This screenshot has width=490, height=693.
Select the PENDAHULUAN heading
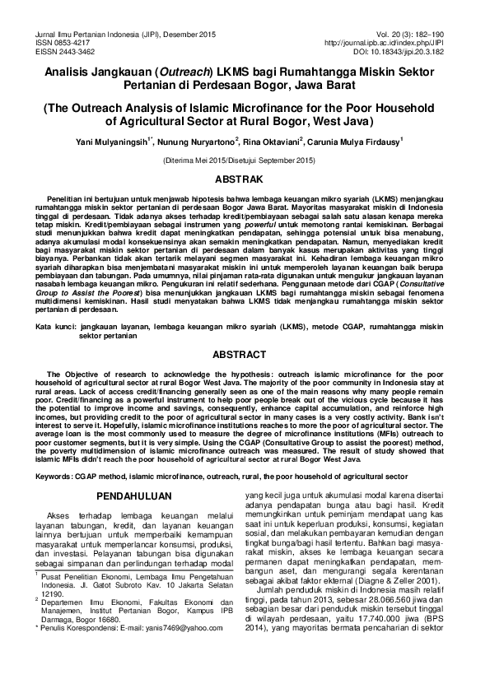(x=134, y=496)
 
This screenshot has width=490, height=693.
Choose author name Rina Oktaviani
(x=273, y=140)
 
